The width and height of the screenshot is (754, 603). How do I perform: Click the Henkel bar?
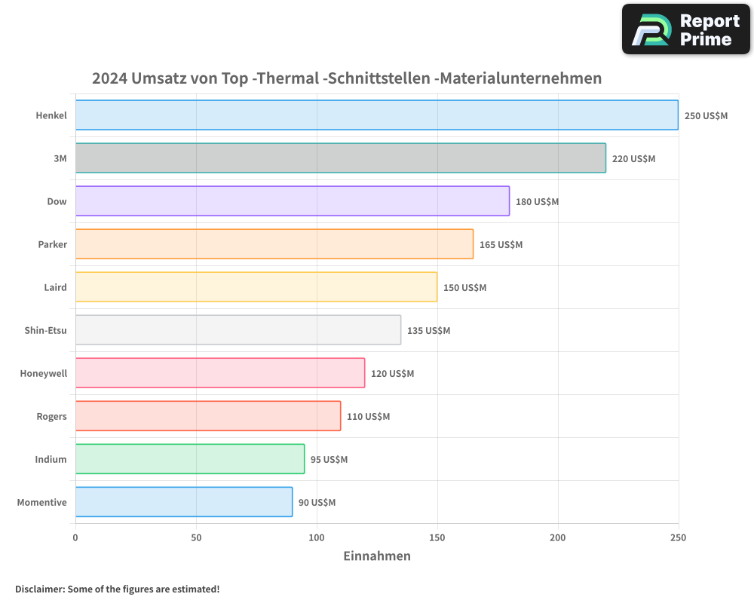click(x=377, y=115)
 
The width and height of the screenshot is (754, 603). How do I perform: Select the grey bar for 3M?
click(x=341, y=158)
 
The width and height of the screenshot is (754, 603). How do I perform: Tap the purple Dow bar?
click(x=293, y=201)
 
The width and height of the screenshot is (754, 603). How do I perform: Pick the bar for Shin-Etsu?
click(x=238, y=330)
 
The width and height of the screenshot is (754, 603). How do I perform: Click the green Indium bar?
click(x=190, y=459)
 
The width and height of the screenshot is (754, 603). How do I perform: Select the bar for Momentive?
click(x=184, y=502)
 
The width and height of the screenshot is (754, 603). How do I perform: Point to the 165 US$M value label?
click(x=501, y=244)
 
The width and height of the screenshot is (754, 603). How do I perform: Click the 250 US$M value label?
click(x=706, y=115)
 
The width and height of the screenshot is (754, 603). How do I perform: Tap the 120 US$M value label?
click(x=392, y=373)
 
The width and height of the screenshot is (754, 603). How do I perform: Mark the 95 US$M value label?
click(x=329, y=459)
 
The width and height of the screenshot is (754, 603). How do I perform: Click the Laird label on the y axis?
click(x=55, y=287)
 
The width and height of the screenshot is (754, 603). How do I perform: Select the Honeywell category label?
click(x=43, y=373)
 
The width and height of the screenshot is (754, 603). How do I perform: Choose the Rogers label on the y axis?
click(x=51, y=416)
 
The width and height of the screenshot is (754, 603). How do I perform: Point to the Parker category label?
click(x=52, y=244)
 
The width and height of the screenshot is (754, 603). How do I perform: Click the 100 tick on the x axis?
click(x=317, y=537)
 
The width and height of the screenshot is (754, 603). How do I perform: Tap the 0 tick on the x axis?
click(x=75, y=537)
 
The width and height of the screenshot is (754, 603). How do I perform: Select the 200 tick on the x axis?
click(x=558, y=537)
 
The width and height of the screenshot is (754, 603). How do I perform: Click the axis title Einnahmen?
click(x=377, y=556)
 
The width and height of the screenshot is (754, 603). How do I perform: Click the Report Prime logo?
click(x=686, y=29)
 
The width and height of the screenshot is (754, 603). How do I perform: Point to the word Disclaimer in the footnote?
click(x=39, y=589)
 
